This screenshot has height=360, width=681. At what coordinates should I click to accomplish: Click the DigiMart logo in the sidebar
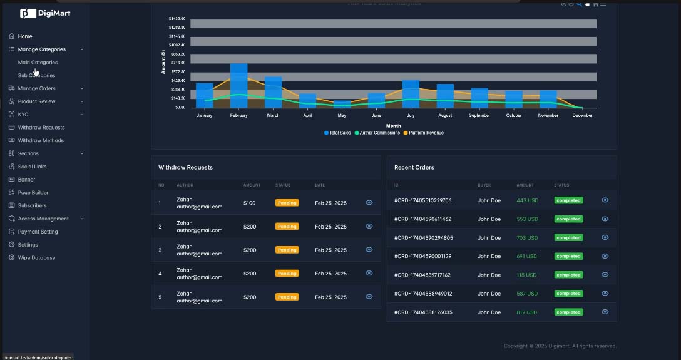[x=45, y=13]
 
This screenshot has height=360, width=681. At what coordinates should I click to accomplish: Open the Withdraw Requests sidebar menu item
[x=41, y=128]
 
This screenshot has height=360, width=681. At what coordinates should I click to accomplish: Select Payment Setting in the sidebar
[x=38, y=232]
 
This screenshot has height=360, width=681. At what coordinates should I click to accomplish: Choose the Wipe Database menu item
[x=36, y=258]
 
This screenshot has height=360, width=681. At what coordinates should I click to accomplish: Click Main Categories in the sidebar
[x=38, y=63]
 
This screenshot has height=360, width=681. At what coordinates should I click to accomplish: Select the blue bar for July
[x=411, y=94]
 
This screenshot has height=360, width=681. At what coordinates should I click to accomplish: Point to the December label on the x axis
[x=583, y=116]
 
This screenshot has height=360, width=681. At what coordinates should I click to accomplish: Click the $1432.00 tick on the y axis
[x=177, y=19]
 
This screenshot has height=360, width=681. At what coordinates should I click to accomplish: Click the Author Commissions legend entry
[x=377, y=133]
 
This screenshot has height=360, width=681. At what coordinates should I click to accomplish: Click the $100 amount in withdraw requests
[x=250, y=203]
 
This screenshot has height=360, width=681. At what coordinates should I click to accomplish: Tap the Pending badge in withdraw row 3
[x=287, y=250]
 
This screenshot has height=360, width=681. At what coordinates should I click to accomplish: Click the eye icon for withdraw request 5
[x=369, y=297]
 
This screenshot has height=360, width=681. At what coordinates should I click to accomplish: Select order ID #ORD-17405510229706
[x=422, y=200]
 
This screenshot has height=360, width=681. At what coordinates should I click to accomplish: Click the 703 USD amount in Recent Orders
[x=527, y=238]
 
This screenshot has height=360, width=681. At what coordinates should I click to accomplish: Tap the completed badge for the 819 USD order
[x=568, y=312]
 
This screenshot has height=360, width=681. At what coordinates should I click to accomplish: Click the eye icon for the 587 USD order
[x=605, y=293]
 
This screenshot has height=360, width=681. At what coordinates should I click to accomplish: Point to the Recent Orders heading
[x=414, y=168]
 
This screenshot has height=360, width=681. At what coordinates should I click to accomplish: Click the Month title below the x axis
[x=394, y=126]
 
